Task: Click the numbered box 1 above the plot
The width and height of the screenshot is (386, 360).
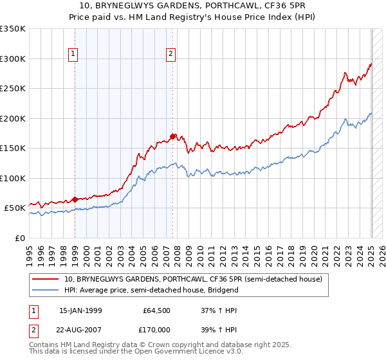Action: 75,54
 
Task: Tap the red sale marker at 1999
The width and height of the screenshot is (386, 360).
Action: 75,199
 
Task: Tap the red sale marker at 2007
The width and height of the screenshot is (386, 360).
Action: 172,136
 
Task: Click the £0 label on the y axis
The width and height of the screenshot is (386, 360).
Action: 19,238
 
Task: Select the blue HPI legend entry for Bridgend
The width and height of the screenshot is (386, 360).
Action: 151,290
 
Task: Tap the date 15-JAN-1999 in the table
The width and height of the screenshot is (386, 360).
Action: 80,309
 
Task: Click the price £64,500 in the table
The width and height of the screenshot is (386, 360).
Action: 156,309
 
